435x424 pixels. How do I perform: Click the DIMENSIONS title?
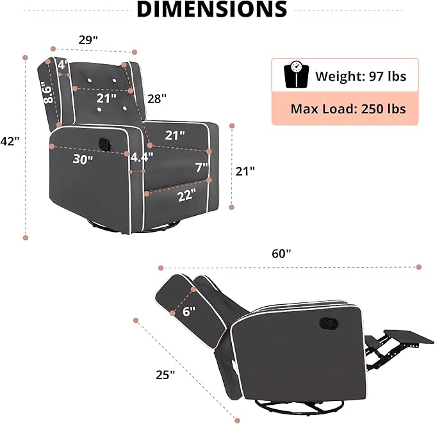(212, 9)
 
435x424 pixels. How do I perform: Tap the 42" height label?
(10, 142)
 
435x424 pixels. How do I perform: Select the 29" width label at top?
(88, 40)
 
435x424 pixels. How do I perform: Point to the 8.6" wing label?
(47, 94)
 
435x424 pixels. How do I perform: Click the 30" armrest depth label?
(83, 159)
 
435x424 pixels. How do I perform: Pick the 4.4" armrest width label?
(142, 157)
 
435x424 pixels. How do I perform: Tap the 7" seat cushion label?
(202, 167)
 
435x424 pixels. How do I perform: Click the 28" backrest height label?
(157, 99)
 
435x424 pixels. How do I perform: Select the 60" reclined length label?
(281, 254)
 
